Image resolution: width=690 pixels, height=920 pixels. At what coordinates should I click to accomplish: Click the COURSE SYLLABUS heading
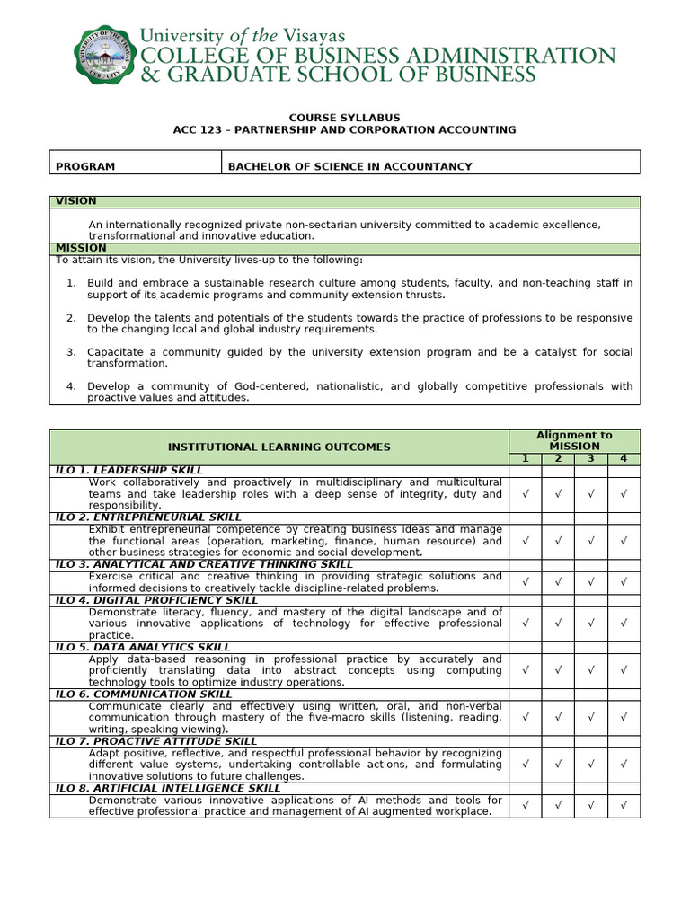coord(344,118)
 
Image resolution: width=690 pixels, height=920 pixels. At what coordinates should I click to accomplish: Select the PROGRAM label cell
coord(85,166)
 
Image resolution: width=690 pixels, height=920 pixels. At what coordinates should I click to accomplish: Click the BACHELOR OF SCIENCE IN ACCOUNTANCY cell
coord(349,166)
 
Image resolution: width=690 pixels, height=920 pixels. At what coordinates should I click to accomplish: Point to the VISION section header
coord(76,201)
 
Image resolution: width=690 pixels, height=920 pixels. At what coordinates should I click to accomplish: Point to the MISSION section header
coord(81,248)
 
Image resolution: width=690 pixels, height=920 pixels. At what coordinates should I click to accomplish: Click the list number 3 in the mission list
coord(71,352)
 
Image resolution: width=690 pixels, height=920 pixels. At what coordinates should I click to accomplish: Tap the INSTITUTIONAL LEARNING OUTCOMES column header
coord(279,447)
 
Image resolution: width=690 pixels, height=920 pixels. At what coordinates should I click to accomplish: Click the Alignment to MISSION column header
coord(574,440)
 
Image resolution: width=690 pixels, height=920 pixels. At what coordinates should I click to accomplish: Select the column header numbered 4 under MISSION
coord(624,459)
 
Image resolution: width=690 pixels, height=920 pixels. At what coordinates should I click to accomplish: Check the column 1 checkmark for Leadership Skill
coord(526,494)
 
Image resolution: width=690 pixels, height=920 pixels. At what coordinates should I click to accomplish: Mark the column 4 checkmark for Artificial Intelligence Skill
coord(624,805)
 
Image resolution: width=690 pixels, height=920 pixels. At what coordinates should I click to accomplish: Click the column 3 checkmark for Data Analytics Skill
coord(590,670)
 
